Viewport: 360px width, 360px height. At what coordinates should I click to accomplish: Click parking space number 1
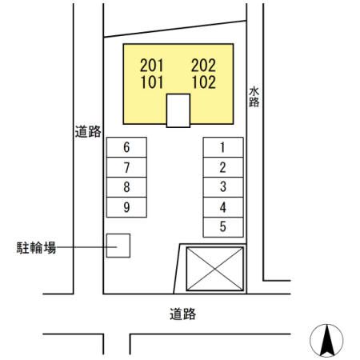click(x=222, y=147)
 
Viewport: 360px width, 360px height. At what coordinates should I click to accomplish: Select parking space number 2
click(x=222, y=167)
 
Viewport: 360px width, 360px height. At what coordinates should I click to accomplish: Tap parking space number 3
click(x=222, y=187)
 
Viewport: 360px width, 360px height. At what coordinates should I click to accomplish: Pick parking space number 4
click(x=222, y=207)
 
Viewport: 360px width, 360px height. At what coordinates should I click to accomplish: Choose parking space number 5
click(x=222, y=226)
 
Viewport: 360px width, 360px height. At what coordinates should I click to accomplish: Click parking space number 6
click(x=126, y=147)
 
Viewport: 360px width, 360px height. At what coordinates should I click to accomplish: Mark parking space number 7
click(x=126, y=167)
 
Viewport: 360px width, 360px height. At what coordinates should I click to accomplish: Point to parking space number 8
click(x=126, y=187)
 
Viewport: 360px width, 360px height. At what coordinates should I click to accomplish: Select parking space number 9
click(x=126, y=207)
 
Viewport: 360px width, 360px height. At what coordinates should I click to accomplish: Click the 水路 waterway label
click(x=254, y=98)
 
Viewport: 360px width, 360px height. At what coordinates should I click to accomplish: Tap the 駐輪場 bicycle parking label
click(x=38, y=248)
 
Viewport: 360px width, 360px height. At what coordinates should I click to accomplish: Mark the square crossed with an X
click(x=214, y=267)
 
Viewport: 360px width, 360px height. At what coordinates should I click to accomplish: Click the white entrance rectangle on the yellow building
click(x=178, y=110)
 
